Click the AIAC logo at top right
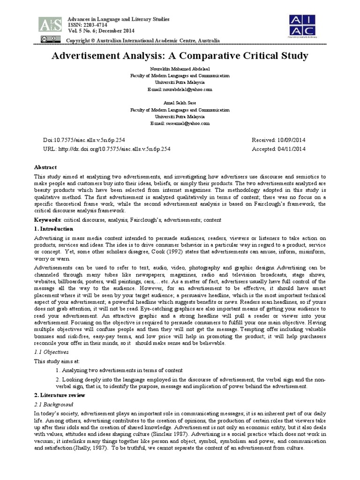[x=302, y=24]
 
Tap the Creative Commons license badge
[x=47, y=39]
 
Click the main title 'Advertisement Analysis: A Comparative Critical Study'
[x=180, y=56]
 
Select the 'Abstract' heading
[x=45, y=167]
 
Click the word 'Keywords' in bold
[x=47, y=220]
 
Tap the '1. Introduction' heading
[x=54, y=229]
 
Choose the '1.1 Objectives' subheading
[x=52, y=352]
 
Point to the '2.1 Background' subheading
[x=54, y=404]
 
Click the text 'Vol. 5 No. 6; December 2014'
[x=97, y=31]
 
